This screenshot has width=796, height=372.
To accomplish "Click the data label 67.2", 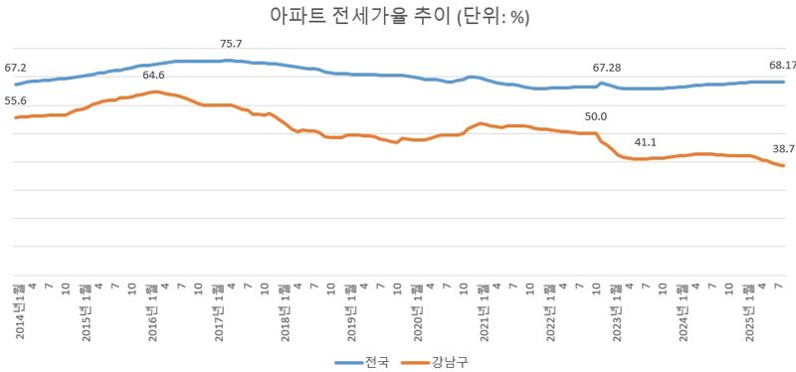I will [x=15, y=68].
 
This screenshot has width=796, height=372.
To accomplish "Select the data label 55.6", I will [x=15, y=101].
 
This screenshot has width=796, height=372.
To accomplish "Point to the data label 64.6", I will [x=154, y=76].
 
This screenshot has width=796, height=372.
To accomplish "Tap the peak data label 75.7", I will [x=232, y=44].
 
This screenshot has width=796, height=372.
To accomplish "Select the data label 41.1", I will [x=645, y=142].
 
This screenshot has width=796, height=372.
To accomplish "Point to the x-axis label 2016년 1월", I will [x=152, y=310].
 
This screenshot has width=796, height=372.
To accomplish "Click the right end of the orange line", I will [x=785, y=166].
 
